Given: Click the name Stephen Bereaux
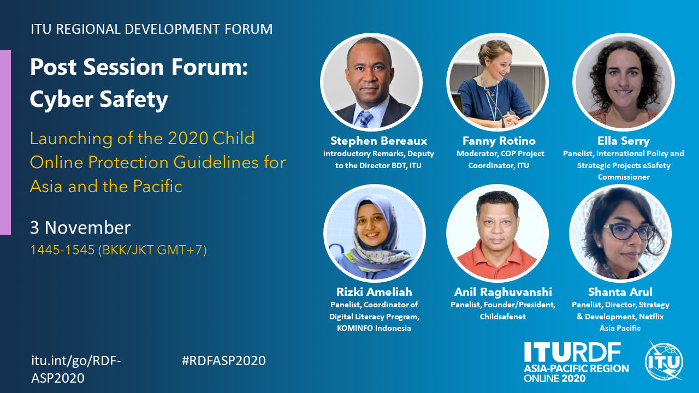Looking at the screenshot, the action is (378, 141).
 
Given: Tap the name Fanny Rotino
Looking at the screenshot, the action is (499, 141).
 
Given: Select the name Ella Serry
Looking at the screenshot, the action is (624, 141).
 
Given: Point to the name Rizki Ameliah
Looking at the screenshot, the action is (374, 292).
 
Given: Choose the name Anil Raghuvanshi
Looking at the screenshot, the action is (503, 292).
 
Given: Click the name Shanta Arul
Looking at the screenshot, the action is (620, 292).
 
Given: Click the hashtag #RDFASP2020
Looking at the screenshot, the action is (223, 361).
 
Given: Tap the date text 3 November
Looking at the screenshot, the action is (80, 228).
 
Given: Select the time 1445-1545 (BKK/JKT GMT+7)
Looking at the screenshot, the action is (119, 250).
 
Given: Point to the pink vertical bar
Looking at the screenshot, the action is (5, 142).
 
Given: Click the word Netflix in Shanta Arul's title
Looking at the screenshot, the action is (651, 317).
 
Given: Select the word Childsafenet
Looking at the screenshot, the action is (503, 317).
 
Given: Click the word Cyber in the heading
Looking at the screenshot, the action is (62, 100).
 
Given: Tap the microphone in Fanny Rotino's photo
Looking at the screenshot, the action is (495, 108).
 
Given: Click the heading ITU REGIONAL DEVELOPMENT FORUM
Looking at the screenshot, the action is (152, 29).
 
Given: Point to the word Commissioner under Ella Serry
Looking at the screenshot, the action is (624, 177).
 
